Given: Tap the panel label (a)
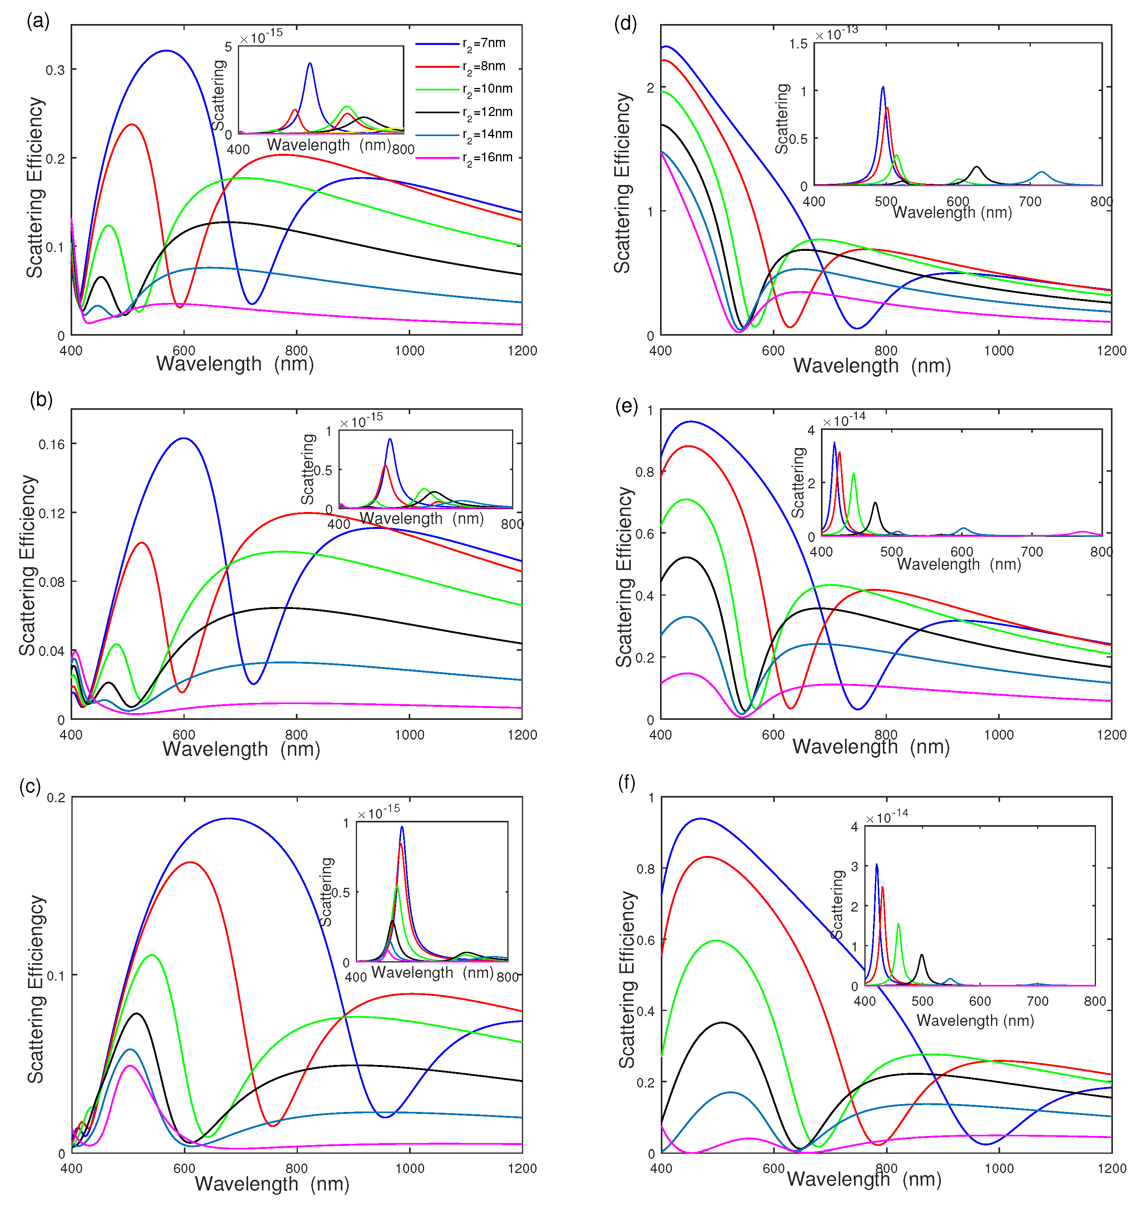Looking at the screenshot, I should pos(37,21).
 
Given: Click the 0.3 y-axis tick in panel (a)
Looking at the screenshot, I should pos(54,70).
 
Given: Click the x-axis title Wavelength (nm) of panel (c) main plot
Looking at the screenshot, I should pos(272,1184).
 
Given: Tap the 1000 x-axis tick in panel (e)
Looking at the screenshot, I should pos(999,735).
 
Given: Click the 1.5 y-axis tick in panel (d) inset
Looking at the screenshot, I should pos(798,44).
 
